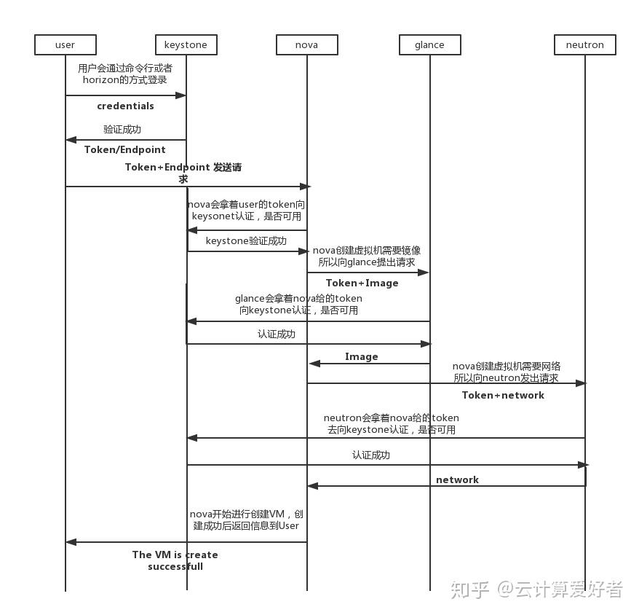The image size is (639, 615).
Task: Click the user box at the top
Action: (65, 44)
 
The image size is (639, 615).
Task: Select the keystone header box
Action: (186, 44)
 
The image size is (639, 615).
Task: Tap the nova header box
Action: (306, 44)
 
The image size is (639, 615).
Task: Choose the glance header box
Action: (429, 44)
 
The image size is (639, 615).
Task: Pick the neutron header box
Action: (584, 44)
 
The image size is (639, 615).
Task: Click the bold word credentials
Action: (125, 106)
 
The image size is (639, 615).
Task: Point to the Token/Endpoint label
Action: (125, 149)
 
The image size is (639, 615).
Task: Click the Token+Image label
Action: (362, 283)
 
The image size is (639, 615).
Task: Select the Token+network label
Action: (503, 395)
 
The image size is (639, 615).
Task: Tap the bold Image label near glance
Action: (362, 356)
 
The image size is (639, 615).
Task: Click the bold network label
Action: (457, 479)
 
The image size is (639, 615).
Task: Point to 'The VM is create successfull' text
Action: (175, 560)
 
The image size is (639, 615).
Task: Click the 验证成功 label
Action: (122, 129)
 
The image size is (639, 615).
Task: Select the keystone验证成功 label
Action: (246, 240)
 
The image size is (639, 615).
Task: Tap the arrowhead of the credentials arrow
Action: (182, 95)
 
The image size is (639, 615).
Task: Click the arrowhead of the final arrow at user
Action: (71, 542)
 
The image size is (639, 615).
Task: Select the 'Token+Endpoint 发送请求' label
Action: (183, 172)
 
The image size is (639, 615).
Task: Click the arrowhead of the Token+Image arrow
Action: (424, 273)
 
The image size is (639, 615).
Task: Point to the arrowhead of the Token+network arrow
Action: (580, 383)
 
